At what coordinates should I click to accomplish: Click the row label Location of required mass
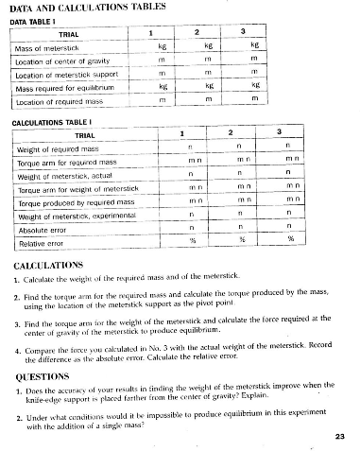62,99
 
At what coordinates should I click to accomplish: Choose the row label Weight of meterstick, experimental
79,216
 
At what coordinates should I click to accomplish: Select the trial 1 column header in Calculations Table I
182,135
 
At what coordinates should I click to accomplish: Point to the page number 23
340,436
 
